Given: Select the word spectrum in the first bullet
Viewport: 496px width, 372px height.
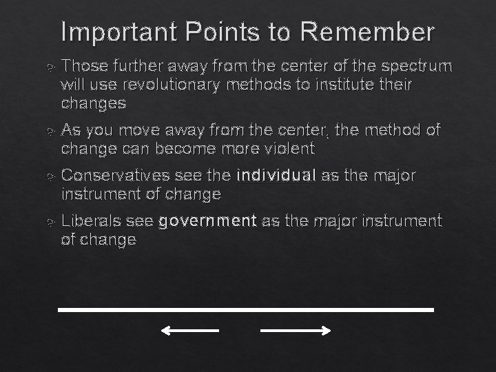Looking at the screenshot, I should coord(417,66).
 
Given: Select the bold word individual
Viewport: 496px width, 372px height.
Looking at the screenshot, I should coord(276,176).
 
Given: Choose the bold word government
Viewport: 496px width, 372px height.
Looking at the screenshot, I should coord(207,221).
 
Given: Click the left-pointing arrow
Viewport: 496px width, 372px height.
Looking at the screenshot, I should coord(189,331).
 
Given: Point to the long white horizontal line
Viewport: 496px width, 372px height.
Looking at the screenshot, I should coord(246,310).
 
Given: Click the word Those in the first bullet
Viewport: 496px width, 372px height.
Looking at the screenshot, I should coord(81,66).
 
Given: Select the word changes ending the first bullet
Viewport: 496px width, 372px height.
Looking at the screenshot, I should coord(93,103).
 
